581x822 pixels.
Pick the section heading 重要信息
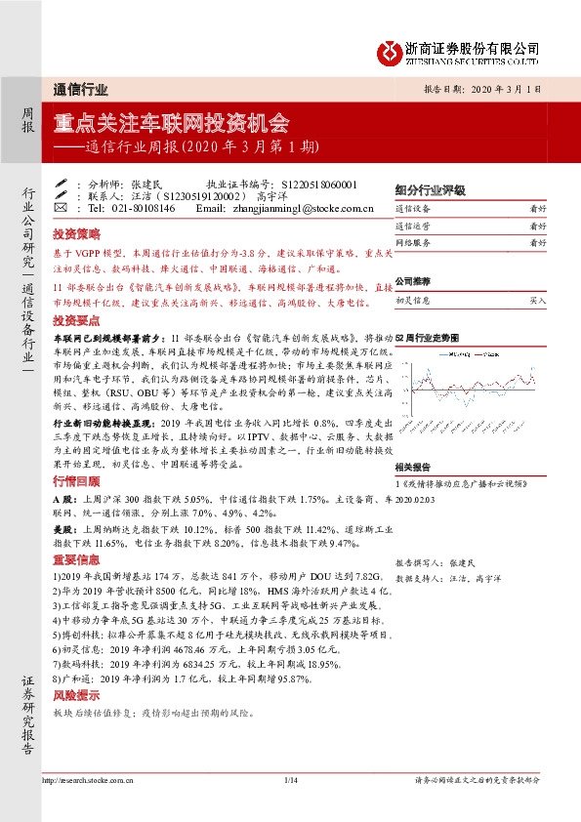point(76,558)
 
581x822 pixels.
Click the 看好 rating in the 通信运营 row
point(537,226)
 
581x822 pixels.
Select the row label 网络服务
point(413,241)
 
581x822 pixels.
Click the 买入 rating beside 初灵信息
point(537,303)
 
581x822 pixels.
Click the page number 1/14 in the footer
point(290,780)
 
